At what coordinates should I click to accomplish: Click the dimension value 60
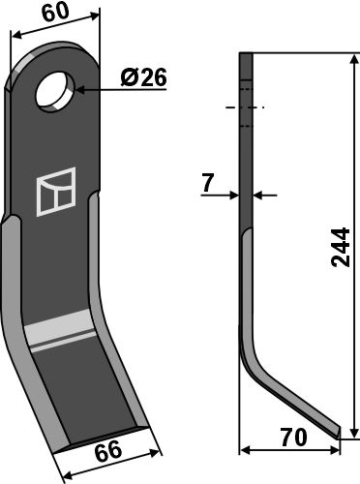[x=55, y=13]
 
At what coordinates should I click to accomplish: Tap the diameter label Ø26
[x=144, y=77]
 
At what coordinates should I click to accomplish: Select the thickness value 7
[x=208, y=182]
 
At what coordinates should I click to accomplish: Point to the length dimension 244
[x=341, y=248]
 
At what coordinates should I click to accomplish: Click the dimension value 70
[x=293, y=438]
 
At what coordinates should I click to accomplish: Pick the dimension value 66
[x=108, y=450]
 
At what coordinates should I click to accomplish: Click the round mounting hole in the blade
[x=55, y=92]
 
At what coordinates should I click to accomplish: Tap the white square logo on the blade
[x=56, y=192]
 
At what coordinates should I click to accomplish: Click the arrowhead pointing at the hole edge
[x=80, y=90]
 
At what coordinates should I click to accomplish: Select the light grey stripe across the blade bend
[x=59, y=330]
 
